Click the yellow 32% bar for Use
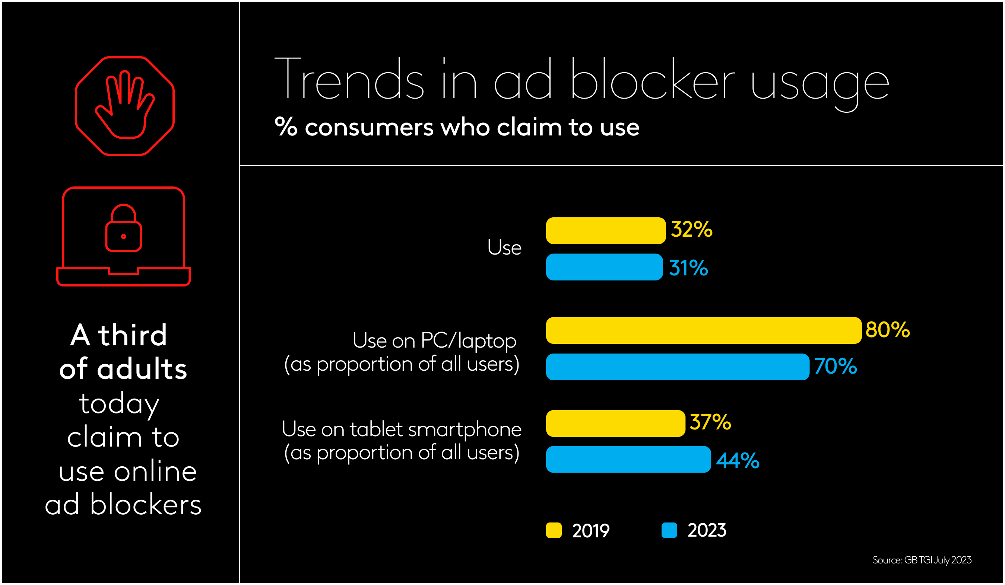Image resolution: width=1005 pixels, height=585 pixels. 605,230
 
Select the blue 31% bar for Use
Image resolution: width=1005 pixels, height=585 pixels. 604,266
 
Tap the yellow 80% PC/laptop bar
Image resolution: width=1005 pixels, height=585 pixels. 703,330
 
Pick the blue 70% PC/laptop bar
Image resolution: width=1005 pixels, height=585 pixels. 677,367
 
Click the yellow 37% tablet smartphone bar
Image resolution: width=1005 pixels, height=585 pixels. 615,423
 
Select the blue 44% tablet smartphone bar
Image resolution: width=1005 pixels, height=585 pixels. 628,459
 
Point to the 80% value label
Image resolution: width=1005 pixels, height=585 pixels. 887,330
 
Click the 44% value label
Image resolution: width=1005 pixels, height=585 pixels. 738,460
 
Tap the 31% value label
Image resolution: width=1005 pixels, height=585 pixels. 688,268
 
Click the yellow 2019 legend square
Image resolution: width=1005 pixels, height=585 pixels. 554,530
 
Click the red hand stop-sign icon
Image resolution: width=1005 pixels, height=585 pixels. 124,106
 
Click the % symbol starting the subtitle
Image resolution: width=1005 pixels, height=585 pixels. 286,127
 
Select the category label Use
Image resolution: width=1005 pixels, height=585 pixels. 504,247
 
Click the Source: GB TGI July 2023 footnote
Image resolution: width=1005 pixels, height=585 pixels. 922,560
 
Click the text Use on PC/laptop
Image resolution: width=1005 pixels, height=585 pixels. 434,341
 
